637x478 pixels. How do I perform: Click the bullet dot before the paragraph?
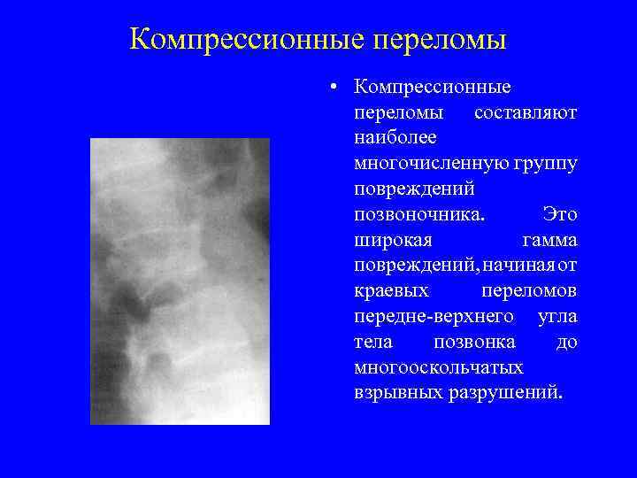[329, 88]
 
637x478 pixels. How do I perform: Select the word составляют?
[526, 113]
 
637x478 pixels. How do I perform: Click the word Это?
[559, 215]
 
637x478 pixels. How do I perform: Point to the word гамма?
[549, 241]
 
